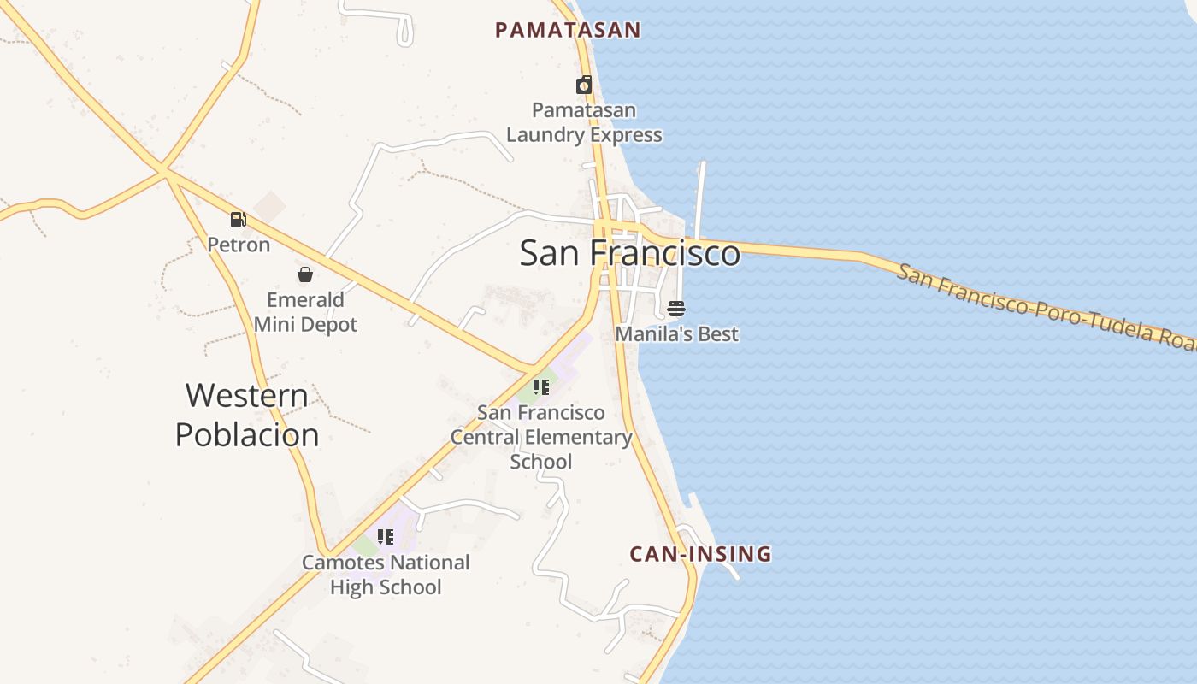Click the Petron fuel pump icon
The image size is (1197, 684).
pyautogui.click(x=238, y=220)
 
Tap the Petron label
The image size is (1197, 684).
pyautogui.click(x=239, y=245)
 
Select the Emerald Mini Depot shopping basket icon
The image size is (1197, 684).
pyautogui.click(x=305, y=274)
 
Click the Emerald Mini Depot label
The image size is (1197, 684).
pyautogui.click(x=305, y=312)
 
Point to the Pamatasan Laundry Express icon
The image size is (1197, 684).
pyautogui.click(x=584, y=85)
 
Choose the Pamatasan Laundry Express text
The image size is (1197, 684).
pyautogui.click(x=584, y=122)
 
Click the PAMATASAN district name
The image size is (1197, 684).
pyautogui.click(x=568, y=30)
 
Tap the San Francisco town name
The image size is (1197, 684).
pyautogui.click(x=629, y=253)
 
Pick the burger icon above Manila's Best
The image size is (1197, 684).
pyautogui.click(x=676, y=308)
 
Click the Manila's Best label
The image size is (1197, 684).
pyautogui.click(x=676, y=333)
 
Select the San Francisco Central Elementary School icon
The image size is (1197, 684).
pyautogui.click(x=540, y=387)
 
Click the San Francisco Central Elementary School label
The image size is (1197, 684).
pyautogui.click(x=541, y=437)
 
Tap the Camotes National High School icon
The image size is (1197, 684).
pyautogui.click(x=386, y=537)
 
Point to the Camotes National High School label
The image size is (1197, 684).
pyautogui.click(x=386, y=575)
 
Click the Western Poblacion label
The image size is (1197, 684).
pyautogui.click(x=247, y=415)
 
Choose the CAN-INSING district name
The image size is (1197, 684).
pyautogui.click(x=700, y=554)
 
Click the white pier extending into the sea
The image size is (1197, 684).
pyautogui.click(x=701, y=197)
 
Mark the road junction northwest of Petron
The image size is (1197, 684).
pyautogui.click(x=163, y=171)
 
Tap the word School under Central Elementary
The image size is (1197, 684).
pyautogui.click(x=541, y=462)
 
